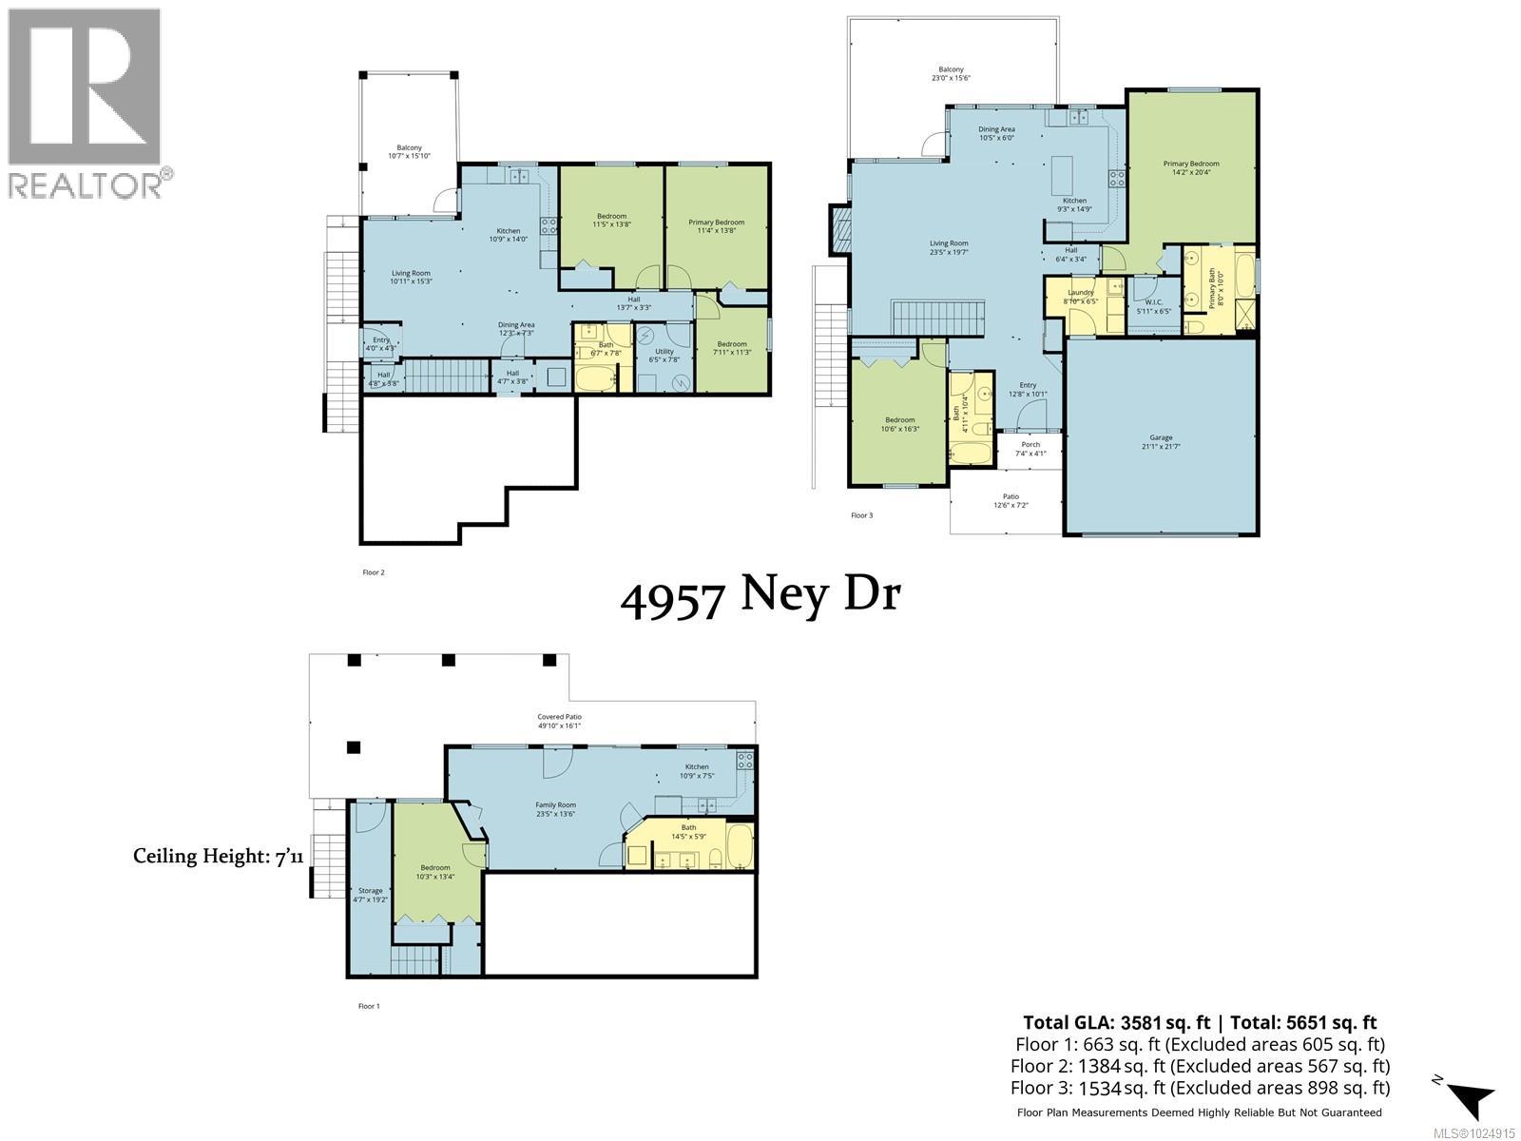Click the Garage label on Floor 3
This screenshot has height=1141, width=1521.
click(1161, 442)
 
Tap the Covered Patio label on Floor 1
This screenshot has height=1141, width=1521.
click(559, 721)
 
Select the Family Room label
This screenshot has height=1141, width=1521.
click(555, 808)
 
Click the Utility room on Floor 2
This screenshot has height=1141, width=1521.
click(664, 356)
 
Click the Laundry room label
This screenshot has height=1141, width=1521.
click(1081, 297)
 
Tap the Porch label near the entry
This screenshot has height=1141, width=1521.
click(1030, 449)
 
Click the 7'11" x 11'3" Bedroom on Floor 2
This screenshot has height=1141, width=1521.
click(732, 348)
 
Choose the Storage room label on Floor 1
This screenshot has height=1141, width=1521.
click(370, 894)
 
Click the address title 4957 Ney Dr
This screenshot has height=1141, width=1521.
click(760, 596)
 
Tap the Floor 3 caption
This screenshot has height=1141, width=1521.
click(861, 515)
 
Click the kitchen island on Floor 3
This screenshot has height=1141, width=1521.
click(1062, 175)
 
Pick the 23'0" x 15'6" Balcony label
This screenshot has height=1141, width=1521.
click(951, 74)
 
